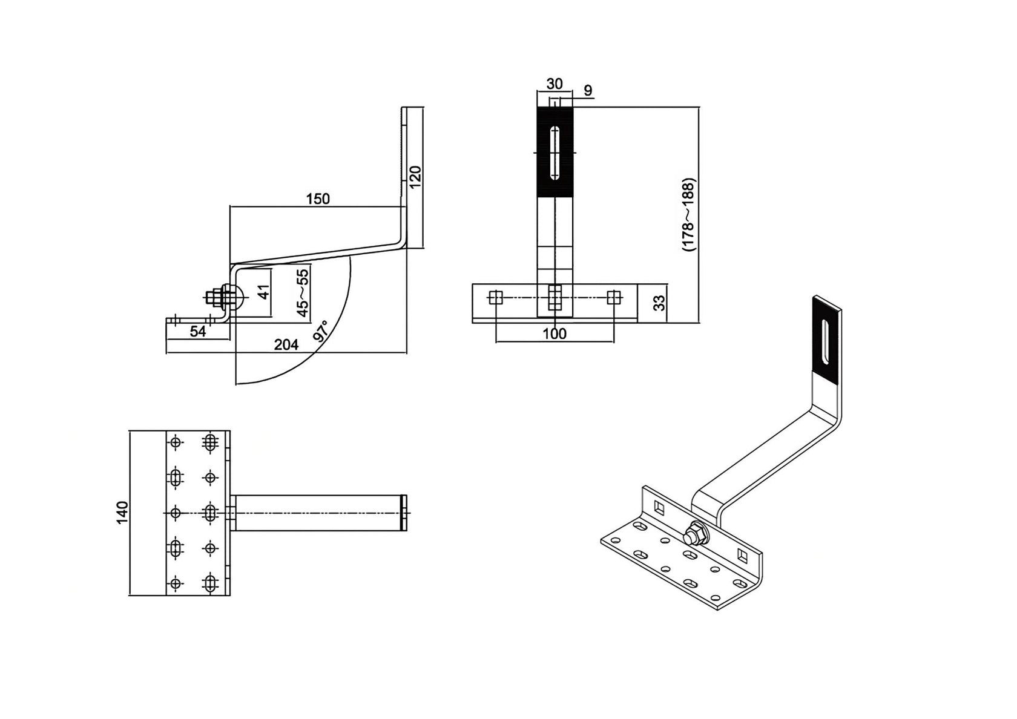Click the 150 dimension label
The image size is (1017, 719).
(x=318, y=199)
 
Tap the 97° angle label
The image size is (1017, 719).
(x=321, y=332)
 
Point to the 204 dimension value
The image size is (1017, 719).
(x=286, y=345)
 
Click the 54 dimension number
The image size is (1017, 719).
(x=198, y=332)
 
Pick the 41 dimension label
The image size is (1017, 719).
(x=263, y=292)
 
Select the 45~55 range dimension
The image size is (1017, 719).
(x=302, y=293)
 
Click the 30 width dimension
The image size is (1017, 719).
(x=554, y=84)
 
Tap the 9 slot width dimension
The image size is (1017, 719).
(x=588, y=91)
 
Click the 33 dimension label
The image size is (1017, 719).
(x=660, y=302)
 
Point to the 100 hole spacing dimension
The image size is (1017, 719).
(x=555, y=333)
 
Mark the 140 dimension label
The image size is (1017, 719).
(x=123, y=513)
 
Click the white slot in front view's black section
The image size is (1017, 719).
(x=555, y=153)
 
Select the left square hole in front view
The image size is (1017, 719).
(x=496, y=298)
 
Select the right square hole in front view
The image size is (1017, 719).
(x=614, y=298)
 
